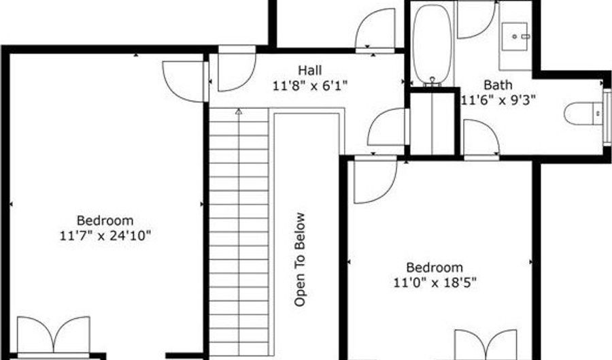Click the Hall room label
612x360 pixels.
310,70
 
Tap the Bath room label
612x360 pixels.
498,85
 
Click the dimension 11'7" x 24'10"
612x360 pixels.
105,235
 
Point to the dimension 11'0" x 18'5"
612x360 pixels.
435,282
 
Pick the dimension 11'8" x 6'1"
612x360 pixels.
310,85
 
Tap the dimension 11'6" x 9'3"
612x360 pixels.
498,100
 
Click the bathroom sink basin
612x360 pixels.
515,37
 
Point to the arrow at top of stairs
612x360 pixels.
239,112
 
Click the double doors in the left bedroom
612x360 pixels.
54,335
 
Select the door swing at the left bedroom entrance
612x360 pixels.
184,82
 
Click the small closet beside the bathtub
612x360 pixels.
433,123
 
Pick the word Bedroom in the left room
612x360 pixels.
105,220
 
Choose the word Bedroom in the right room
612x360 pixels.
435,267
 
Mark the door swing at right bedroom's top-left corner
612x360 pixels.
375,182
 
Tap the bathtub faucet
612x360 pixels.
432,81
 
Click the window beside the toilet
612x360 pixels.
607,117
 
